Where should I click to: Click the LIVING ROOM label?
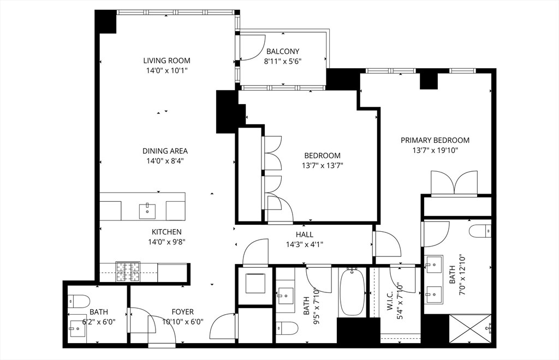click(x=166, y=61)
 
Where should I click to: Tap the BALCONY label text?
click(x=283, y=52)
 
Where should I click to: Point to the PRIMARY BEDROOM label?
click(x=435, y=140)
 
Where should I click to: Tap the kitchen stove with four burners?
click(x=128, y=272)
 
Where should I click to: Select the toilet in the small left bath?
click(x=79, y=301)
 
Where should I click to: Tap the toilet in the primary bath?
click(x=480, y=231)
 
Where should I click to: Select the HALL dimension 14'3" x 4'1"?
click(x=304, y=245)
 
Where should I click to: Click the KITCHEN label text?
click(x=166, y=232)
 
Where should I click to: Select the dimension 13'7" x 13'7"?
click(x=322, y=165)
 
